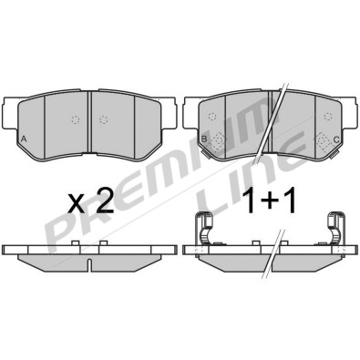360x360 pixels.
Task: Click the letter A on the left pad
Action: point(24,139)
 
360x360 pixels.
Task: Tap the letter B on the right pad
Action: point(204,139)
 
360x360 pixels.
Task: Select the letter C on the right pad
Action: point(336,139)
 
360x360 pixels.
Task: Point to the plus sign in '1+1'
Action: point(268,201)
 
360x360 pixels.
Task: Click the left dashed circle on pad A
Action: point(75,120)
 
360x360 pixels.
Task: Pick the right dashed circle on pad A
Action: point(104,120)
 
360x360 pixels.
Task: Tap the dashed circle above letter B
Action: point(212,116)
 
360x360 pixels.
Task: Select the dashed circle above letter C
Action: point(327,116)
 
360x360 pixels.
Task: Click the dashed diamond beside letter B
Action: point(217,141)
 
